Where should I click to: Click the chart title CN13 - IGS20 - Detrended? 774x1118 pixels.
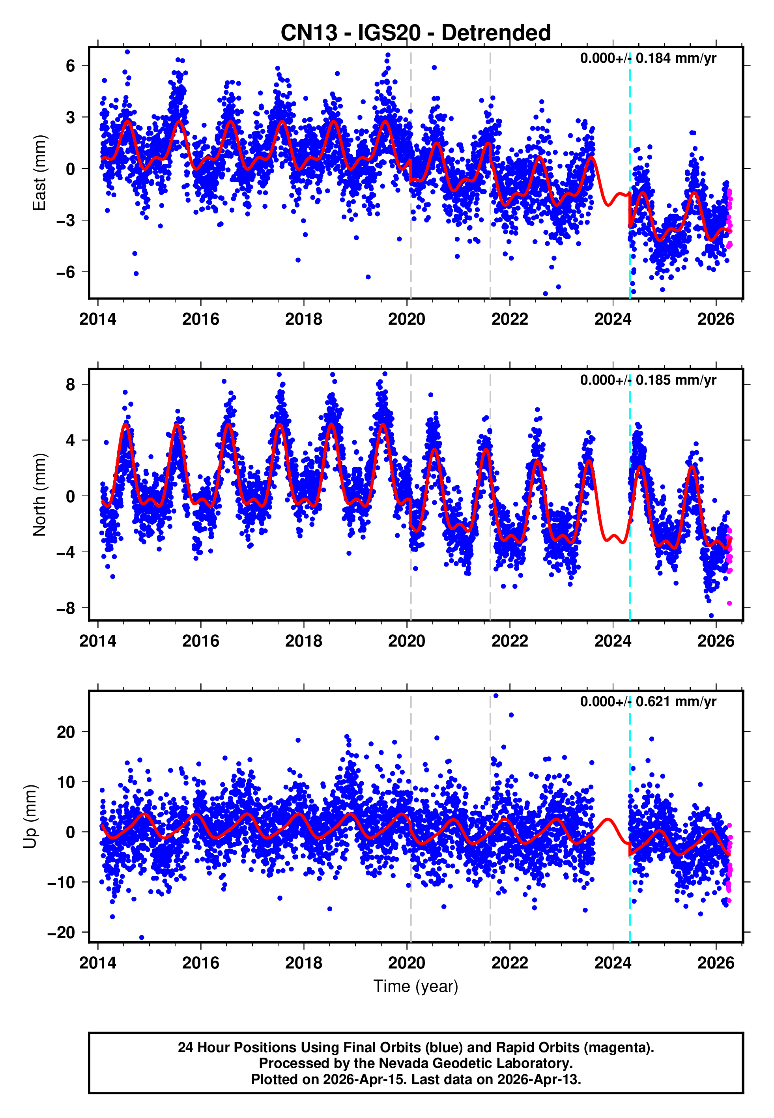click(x=416, y=33)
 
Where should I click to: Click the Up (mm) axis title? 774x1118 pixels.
click(x=30, y=817)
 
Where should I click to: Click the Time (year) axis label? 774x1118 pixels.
click(x=416, y=986)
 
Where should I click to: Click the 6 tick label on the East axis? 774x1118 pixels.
click(x=71, y=66)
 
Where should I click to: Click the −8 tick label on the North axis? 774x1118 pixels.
click(x=65, y=608)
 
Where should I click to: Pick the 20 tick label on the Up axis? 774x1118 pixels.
click(x=66, y=732)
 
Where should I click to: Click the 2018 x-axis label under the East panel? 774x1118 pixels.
click(x=304, y=319)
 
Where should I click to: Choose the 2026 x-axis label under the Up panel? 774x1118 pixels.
click(x=716, y=963)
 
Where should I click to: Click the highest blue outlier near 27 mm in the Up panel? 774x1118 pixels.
click(x=495, y=696)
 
